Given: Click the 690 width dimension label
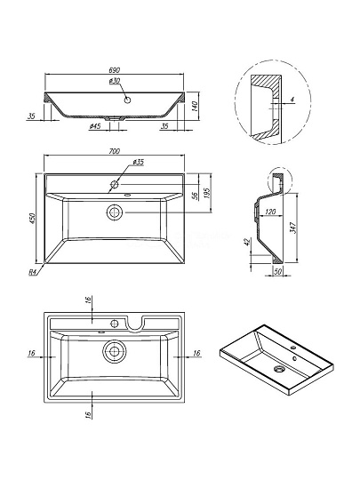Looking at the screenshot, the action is point(114,70).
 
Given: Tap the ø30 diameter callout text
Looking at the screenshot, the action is point(114,81).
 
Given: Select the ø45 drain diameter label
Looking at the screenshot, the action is point(95,126).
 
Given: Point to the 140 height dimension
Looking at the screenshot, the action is point(195,106).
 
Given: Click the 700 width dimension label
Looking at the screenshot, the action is point(114,151).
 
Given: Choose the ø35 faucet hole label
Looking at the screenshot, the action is point(138,162).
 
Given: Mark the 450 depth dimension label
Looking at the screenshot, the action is point(33,219).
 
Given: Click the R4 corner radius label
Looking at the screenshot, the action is point(33,272).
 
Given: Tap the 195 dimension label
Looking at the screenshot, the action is point(207,193).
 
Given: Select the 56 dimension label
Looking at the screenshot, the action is point(195,196).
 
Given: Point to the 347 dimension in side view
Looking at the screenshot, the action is point(293,228).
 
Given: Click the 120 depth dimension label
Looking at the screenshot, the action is point(270,212).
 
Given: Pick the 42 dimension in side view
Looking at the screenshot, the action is point(248,242).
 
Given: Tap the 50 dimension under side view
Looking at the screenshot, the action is point(277,271).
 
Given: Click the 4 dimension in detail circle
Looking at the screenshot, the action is point(292,100).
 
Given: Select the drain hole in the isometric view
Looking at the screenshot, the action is point(279,369).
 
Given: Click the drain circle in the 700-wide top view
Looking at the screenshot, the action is point(115,212).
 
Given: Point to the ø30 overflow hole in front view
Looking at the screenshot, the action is point(128,100).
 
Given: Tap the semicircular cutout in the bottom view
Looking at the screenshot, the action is point(135,325).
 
